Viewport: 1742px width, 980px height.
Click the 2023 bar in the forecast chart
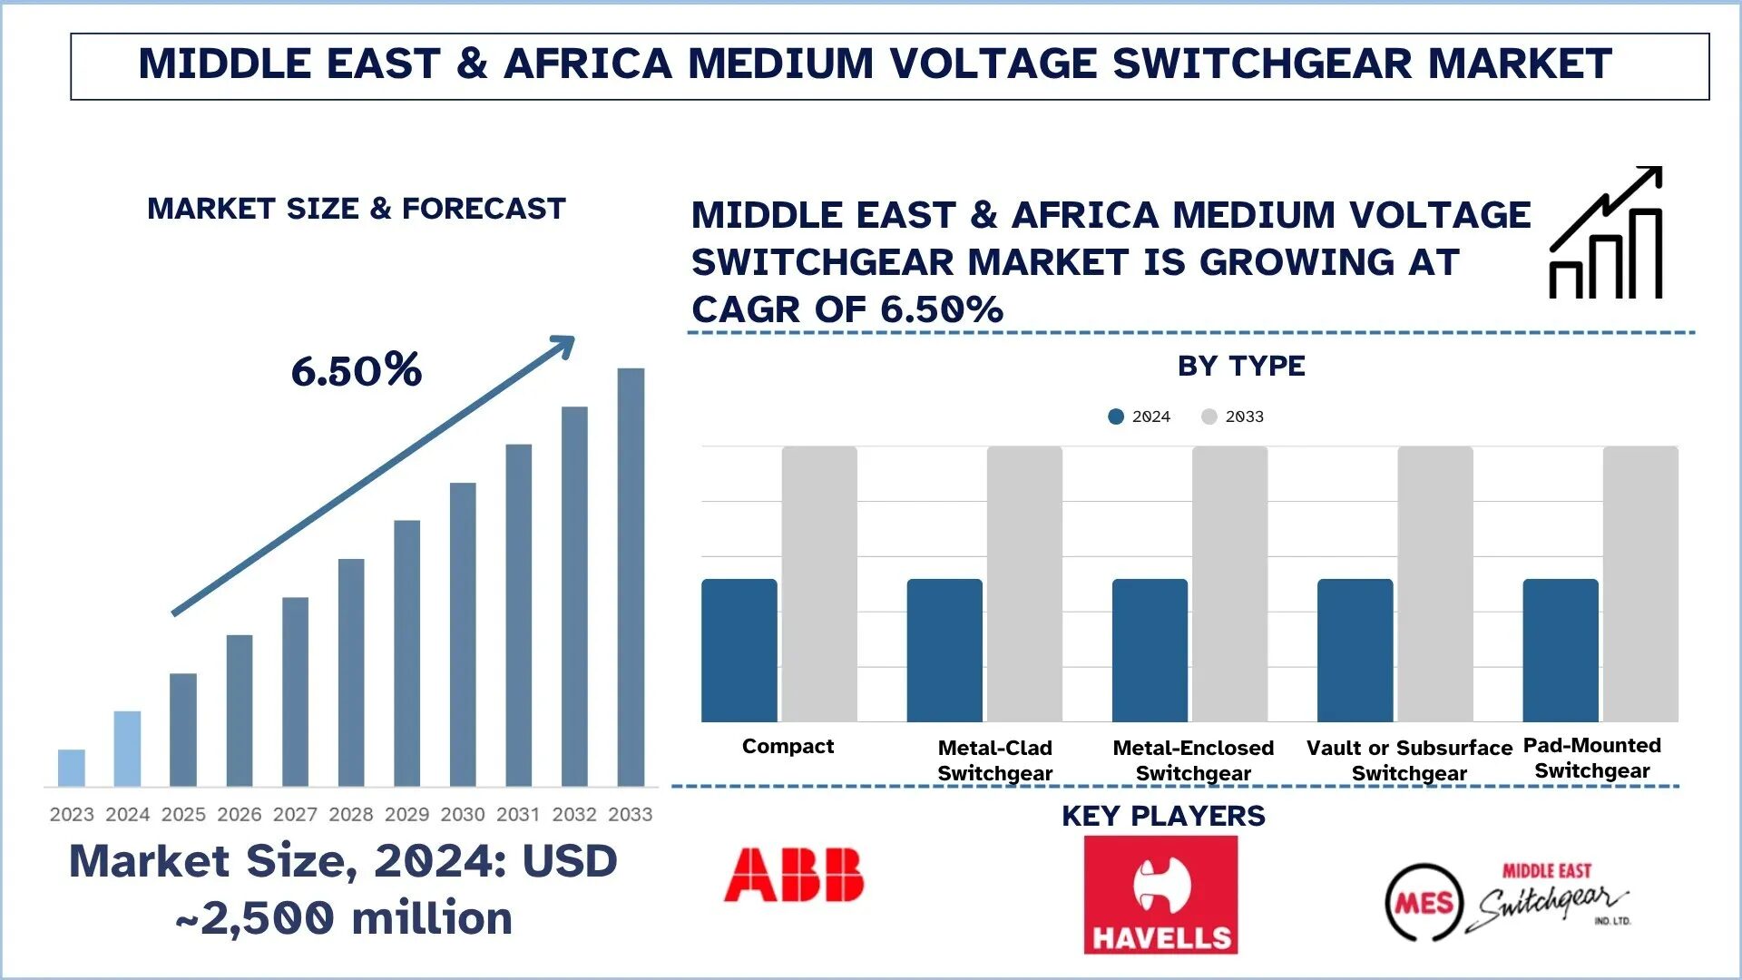tap(72, 768)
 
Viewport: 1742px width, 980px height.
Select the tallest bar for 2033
tap(631, 577)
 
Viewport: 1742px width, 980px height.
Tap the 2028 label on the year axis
tap(351, 814)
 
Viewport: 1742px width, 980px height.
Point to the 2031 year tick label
tap(518, 814)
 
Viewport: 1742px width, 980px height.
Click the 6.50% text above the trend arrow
tap(356, 370)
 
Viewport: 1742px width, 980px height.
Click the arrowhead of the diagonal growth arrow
tap(564, 346)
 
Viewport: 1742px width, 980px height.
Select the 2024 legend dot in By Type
tap(1116, 416)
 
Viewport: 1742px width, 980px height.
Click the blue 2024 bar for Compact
tap(739, 650)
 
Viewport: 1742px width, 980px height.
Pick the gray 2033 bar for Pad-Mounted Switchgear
tap(1640, 583)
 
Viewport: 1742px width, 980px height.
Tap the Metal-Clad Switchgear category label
tap(994, 760)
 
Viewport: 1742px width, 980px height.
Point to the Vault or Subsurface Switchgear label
tap(1409, 760)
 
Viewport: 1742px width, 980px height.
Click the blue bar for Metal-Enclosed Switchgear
tap(1150, 650)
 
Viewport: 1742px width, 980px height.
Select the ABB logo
tap(794, 875)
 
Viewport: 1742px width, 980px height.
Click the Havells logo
tap(1160, 894)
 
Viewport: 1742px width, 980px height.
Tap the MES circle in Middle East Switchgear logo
tap(1424, 902)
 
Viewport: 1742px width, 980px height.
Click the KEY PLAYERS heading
tap(1163, 816)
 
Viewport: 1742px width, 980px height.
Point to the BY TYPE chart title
tap(1241, 366)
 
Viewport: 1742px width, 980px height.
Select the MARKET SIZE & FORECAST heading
tap(356, 209)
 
